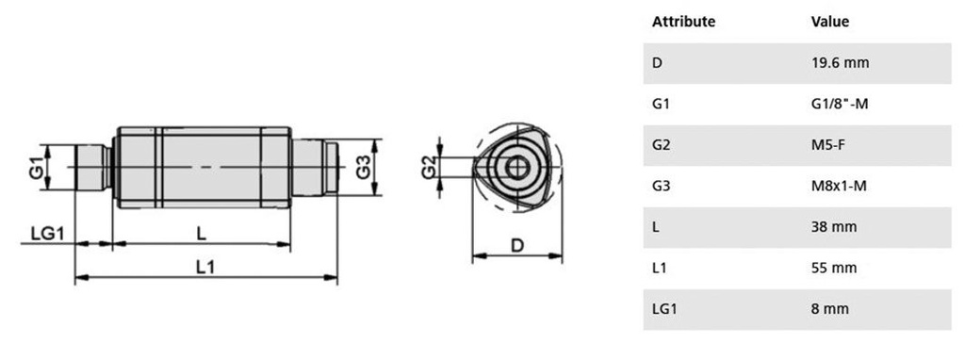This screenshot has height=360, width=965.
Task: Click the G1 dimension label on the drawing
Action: tap(37, 168)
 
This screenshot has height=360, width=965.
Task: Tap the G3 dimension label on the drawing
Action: tap(364, 168)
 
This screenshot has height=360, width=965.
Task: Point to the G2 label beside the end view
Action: tap(429, 168)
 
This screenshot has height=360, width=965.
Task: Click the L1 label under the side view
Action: tap(205, 268)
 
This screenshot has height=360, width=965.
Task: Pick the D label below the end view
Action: tap(517, 246)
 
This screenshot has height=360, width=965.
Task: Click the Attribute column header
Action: tap(684, 22)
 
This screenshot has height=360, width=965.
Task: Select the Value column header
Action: tap(830, 22)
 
